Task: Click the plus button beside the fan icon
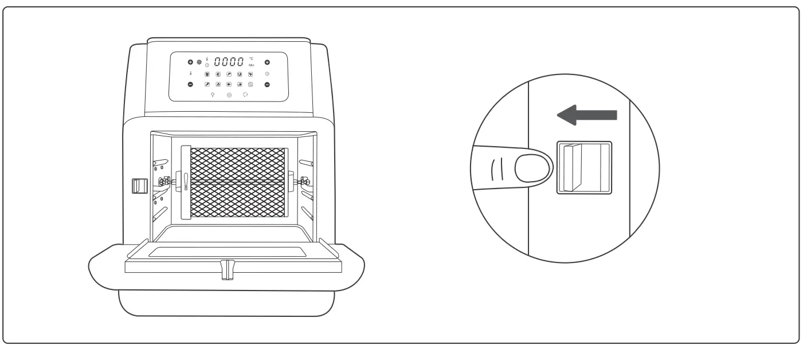pos(190,62)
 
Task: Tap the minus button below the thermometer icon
pos(190,84)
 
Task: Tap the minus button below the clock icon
pos(267,84)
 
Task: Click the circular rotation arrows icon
pos(245,95)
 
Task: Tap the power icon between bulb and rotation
pos(229,95)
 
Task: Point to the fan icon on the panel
pos(199,62)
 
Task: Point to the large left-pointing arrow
pos(586,115)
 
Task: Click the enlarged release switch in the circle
pos(583,168)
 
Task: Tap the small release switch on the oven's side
pos(138,186)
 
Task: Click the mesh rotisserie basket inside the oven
pos(237,182)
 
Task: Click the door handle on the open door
pos(228,270)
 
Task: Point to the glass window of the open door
pos(228,251)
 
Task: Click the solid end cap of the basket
pos(185,182)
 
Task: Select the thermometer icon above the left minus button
pos(190,74)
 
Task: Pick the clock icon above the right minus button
pos(267,74)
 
